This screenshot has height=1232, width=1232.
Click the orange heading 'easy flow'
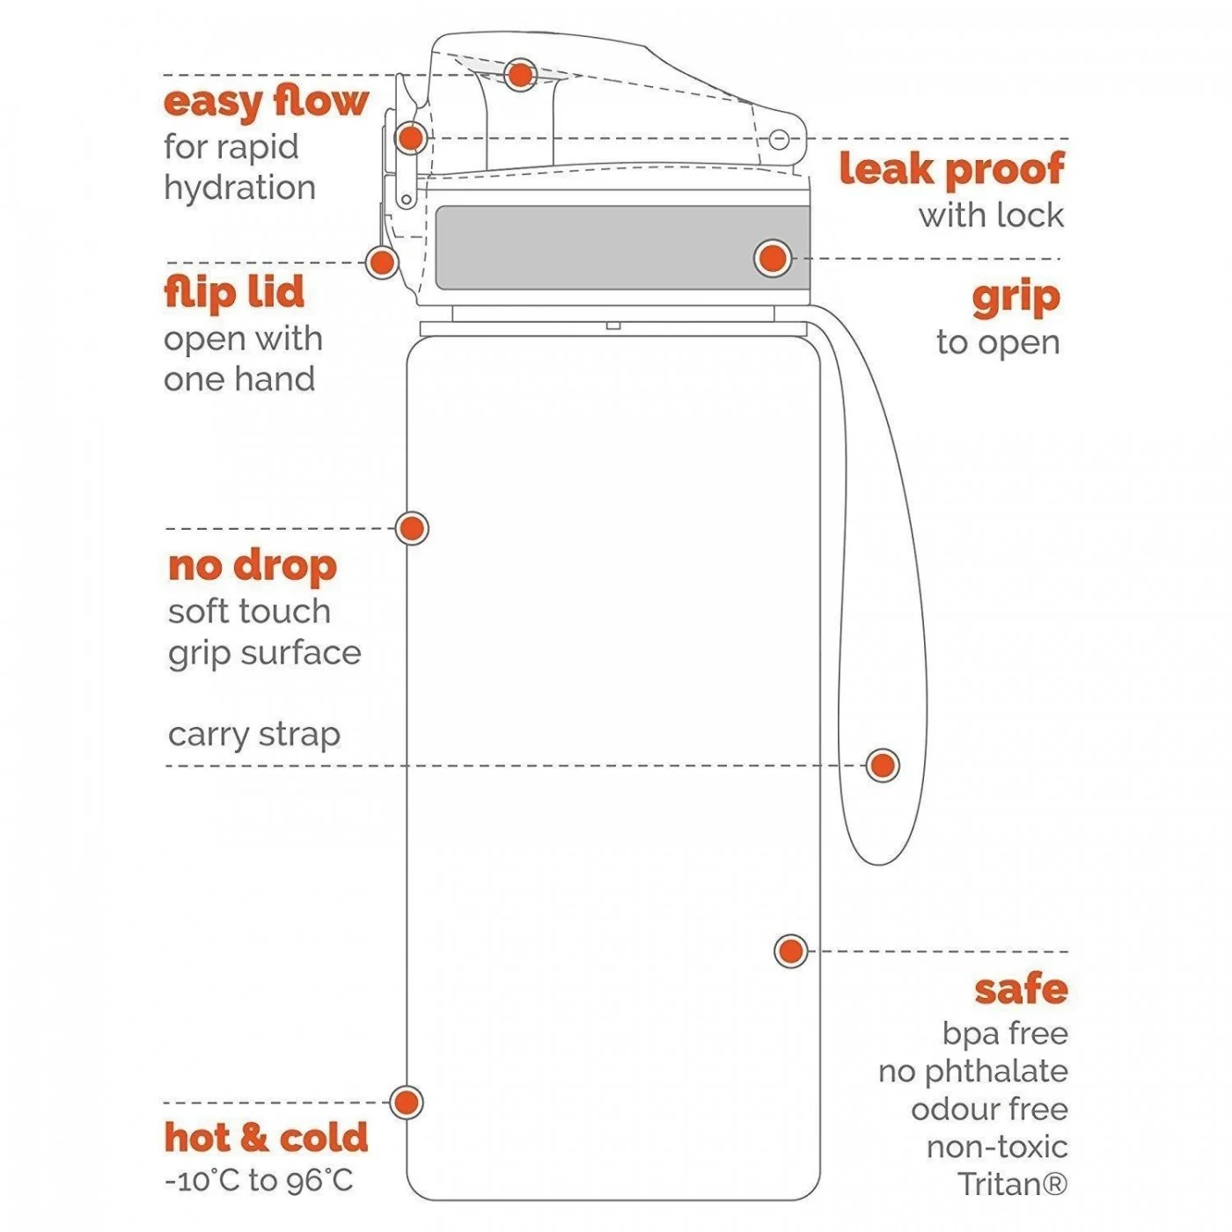(x=266, y=103)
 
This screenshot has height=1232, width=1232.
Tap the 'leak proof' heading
(x=951, y=169)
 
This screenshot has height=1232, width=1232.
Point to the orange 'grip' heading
(x=1016, y=299)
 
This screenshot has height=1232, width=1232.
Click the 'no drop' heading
(x=253, y=567)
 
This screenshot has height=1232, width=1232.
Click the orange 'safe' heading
(x=1021, y=989)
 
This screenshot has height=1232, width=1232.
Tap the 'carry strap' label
(x=253, y=735)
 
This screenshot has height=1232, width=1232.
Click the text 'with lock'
(x=991, y=216)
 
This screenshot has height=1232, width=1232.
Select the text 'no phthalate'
(x=972, y=1072)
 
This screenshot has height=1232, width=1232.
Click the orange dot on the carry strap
(x=883, y=765)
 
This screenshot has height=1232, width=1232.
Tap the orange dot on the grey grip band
(x=773, y=259)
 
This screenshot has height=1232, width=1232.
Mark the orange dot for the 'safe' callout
(x=791, y=951)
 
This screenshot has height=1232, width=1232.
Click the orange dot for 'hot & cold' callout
(x=407, y=1103)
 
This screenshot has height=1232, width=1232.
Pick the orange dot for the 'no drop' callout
(x=412, y=528)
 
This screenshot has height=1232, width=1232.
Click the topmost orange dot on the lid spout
(x=520, y=75)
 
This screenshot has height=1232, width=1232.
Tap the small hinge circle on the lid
(x=779, y=139)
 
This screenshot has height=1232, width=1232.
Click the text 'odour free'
(x=989, y=1110)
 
